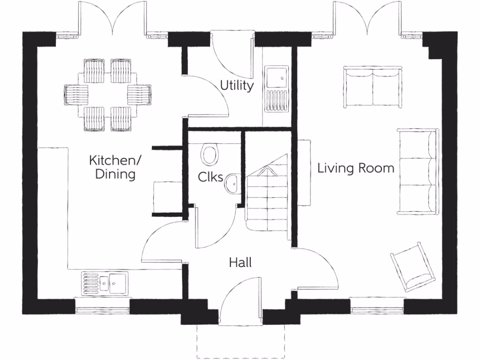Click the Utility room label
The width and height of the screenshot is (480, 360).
pos(237,86)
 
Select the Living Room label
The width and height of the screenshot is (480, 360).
pos(356,168)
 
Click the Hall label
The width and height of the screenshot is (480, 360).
pos(240,262)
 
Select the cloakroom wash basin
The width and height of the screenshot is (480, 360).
pos(232,183)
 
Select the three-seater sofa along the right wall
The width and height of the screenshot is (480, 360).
pos(417,171)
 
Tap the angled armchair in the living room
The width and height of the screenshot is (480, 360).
pos(412,265)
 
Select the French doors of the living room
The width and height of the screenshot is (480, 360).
pos(367,19)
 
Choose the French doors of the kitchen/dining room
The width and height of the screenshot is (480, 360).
pos(112,19)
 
